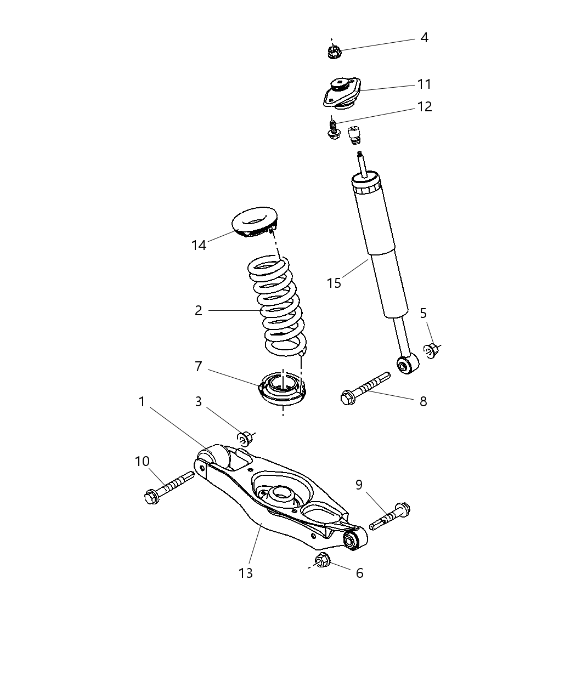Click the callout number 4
click(x=424, y=38)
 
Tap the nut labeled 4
click(x=332, y=52)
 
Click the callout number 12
click(x=424, y=106)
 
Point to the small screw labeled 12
click(x=332, y=129)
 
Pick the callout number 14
click(x=199, y=245)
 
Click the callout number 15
click(x=334, y=283)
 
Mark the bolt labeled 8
click(x=365, y=388)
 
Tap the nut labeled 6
click(x=323, y=560)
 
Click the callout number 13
click(x=245, y=573)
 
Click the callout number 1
click(x=142, y=402)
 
